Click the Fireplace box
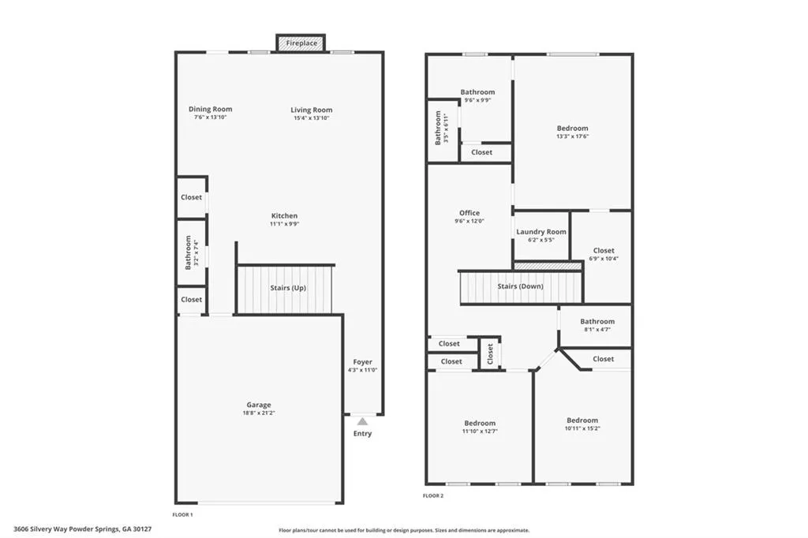[300, 43]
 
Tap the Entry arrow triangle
[362, 422]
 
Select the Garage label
[258, 405]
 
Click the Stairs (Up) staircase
[286, 289]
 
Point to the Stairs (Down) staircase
[521, 287]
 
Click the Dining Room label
[210, 110]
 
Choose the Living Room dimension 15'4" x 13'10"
[311, 118]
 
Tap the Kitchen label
[284, 216]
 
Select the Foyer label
[362, 362]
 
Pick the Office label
[469, 213]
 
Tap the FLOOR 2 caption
[433, 495]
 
